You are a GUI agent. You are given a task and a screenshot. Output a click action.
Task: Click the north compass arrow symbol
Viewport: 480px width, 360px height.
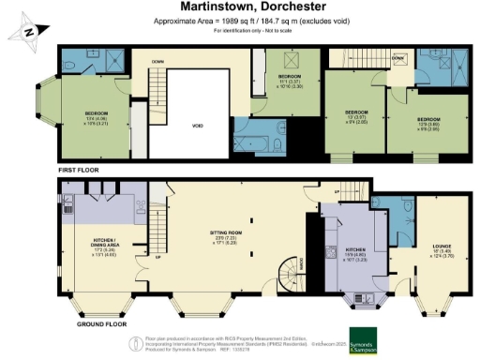[x=28, y=29]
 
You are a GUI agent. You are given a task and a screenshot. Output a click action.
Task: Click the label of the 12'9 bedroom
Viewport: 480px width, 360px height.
[x=427, y=123]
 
